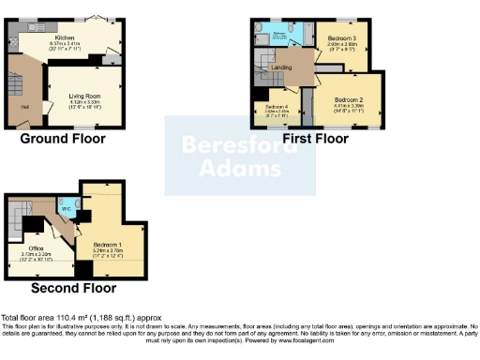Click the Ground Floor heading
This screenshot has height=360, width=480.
(x=64, y=139)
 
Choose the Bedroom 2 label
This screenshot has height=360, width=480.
(x=348, y=98)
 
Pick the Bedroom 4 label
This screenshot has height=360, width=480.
(x=275, y=107)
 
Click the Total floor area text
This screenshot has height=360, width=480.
(x=56, y=319)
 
